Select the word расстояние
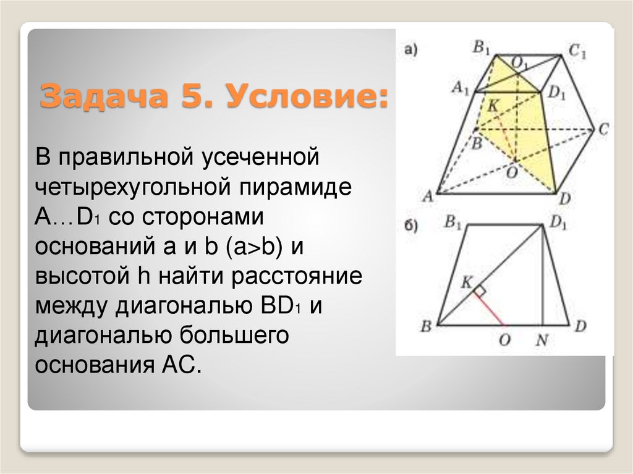click(x=297, y=277)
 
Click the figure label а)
click(x=410, y=49)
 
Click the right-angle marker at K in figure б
click(x=480, y=288)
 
